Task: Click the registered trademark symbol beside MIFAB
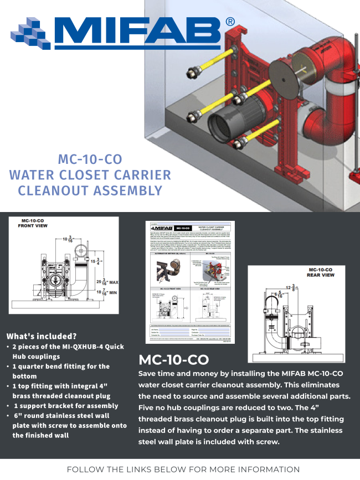click(230, 22)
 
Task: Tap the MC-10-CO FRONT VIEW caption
click(34, 223)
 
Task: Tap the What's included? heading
click(42, 336)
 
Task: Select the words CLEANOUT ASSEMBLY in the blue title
click(90, 191)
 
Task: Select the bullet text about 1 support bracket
click(66, 406)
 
